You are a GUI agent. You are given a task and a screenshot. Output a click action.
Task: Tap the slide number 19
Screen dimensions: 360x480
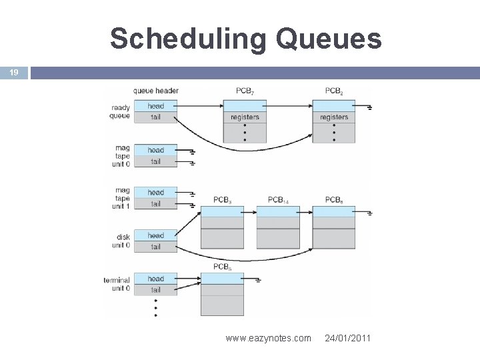(x=13, y=73)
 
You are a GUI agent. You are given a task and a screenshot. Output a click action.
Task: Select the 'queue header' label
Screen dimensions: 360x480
(x=156, y=91)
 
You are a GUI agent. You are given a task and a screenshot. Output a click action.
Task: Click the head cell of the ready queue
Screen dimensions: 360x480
(x=155, y=106)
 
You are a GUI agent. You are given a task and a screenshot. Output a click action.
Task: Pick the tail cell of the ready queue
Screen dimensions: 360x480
(x=155, y=117)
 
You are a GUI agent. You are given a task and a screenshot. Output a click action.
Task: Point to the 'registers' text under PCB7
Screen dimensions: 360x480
(x=244, y=117)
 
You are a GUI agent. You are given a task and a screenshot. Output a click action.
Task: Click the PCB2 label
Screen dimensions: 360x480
(x=334, y=91)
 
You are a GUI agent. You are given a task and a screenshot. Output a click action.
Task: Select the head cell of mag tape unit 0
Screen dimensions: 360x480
(x=155, y=150)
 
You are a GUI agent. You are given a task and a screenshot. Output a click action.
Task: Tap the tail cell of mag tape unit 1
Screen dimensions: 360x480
(x=155, y=204)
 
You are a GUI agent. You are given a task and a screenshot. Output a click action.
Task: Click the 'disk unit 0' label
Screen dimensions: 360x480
(x=120, y=241)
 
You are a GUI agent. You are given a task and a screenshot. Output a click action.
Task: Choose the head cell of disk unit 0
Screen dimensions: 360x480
(x=155, y=235)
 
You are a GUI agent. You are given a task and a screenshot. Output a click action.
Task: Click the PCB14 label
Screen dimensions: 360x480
(x=278, y=199)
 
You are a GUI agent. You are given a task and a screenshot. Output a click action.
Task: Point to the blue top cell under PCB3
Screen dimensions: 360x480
(x=222, y=211)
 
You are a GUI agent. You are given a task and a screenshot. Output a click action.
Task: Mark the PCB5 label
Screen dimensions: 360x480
(x=222, y=267)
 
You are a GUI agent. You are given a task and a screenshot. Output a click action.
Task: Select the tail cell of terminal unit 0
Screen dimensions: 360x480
(x=155, y=290)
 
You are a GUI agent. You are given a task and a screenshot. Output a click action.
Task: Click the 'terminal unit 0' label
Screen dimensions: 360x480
(x=117, y=284)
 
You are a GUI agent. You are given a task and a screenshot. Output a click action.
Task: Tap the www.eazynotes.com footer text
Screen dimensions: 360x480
(x=268, y=339)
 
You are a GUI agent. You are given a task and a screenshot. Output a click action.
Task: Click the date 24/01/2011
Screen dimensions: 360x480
(x=348, y=339)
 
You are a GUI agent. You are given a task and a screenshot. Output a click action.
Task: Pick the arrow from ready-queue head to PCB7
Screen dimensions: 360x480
(x=200, y=105)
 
